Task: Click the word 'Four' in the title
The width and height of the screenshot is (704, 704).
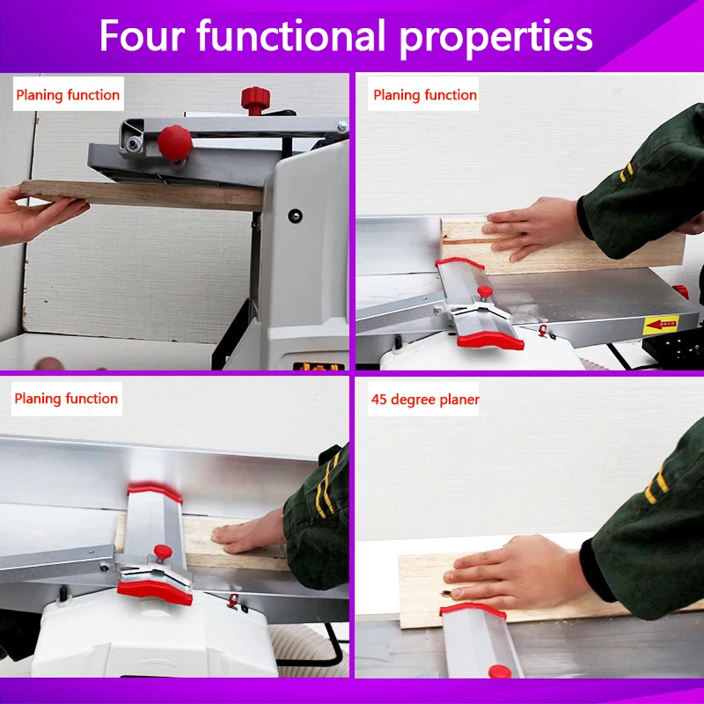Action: coord(142,35)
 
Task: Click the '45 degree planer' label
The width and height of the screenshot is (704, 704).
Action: coord(425,400)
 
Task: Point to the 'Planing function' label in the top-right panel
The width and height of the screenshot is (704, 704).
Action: coord(425,95)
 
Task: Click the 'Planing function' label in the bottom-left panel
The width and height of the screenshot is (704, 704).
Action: coord(66,399)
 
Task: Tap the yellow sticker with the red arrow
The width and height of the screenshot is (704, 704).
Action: coord(661,324)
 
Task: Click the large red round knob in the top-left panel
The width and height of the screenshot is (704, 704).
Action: coord(175,143)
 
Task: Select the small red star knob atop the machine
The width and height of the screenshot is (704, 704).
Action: coord(255,99)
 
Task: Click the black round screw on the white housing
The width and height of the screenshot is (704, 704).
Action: coord(295,216)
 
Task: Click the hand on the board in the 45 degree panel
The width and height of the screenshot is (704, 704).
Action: coord(517,573)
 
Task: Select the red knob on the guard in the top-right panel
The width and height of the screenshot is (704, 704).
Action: coord(485,293)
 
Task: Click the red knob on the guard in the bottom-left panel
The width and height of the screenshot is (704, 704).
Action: coord(163,552)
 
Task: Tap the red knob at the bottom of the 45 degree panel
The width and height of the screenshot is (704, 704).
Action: coord(500,671)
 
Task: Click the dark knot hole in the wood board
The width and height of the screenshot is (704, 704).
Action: coord(447,593)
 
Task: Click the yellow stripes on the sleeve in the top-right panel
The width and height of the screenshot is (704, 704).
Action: coord(627,172)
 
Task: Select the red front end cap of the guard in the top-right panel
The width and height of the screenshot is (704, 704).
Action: coord(490,340)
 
